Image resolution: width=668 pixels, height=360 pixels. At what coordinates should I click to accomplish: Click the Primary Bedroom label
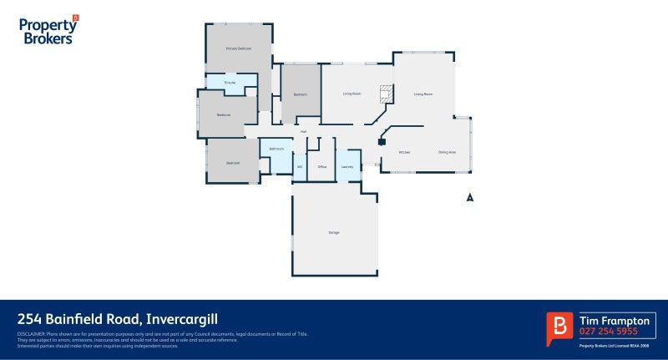tap(239, 48)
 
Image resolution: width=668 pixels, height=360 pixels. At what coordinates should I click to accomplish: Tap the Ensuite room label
tap(230, 83)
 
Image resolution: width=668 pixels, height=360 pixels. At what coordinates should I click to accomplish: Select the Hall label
tap(304, 132)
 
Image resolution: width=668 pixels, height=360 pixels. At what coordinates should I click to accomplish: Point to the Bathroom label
tap(276, 150)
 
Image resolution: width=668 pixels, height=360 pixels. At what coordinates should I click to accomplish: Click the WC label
tap(299, 166)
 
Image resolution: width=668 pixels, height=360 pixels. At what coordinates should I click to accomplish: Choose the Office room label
tap(321, 166)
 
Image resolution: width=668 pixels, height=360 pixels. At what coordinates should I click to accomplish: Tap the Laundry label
tap(348, 166)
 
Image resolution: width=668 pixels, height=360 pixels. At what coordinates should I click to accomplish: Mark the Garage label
tap(334, 232)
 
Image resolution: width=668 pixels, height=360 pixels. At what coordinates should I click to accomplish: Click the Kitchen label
tap(404, 152)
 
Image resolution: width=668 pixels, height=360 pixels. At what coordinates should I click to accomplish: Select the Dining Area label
tap(448, 152)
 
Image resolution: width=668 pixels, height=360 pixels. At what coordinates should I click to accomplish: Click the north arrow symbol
tap(470, 198)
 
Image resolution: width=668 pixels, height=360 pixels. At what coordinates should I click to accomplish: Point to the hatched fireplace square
tap(386, 93)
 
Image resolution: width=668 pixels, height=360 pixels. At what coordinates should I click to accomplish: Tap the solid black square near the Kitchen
tap(382, 142)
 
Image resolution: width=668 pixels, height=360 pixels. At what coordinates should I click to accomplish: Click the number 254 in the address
tap(31, 319)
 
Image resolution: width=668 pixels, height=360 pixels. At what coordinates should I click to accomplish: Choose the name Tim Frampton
tap(614, 321)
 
